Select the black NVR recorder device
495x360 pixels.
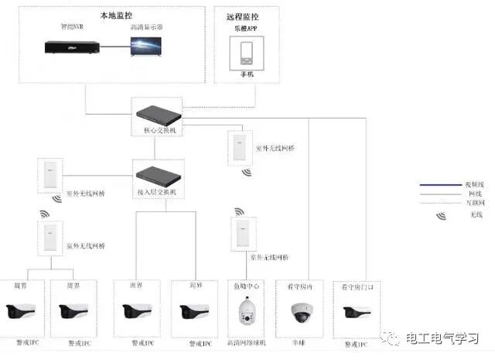point(73,48)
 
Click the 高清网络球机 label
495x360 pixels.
point(247,341)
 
